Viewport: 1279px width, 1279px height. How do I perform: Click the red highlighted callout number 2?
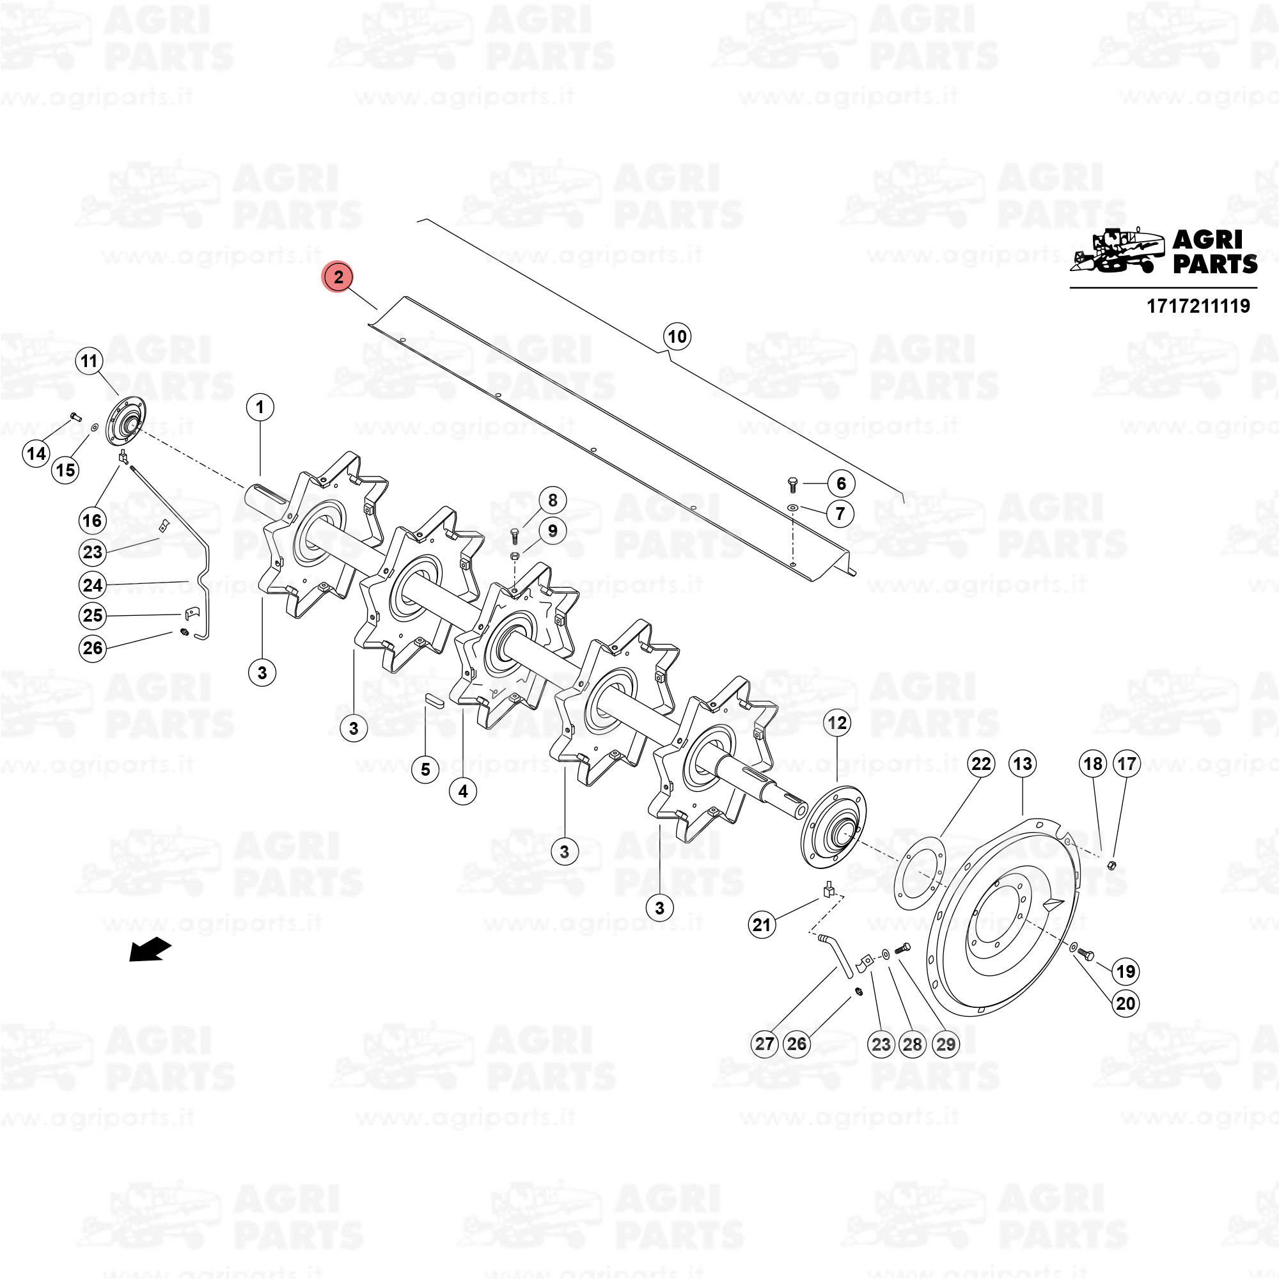pyautogui.click(x=338, y=277)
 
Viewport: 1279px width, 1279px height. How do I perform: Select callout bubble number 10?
pyautogui.click(x=677, y=336)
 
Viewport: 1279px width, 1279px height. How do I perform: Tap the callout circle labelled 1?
pyautogui.click(x=260, y=407)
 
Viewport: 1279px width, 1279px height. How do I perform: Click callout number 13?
pyautogui.click(x=1023, y=764)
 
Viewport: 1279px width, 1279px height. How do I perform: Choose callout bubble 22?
pyautogui.click(x=981, y=764)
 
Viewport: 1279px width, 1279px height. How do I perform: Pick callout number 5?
pyautogui.click(x=426, y=769)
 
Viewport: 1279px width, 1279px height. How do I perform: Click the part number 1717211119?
pyautogui.click(x=1198, y=306)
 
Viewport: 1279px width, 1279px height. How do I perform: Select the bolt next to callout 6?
pyautogui.click(x=794, y=484)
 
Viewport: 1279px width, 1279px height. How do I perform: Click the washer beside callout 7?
pyautogui.click(x=793, y=508)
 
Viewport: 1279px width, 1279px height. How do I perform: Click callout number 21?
pyautogui.click(x=762, y=925)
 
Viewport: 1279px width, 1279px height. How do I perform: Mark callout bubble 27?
pyautogui.click(x=765, y=1044)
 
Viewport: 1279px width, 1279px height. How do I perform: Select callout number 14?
pyautogui.click(x=36, y=453)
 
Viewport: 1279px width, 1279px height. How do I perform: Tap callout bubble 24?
pyautogui.click(x=93, y=585)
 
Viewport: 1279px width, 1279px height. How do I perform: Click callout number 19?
pyautogui.click(x=1126, y=971)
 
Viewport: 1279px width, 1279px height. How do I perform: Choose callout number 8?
pyautogui.click(x=553, y=501)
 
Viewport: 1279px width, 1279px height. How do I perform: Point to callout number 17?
pyautogui.click(x=1127, y=764)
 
